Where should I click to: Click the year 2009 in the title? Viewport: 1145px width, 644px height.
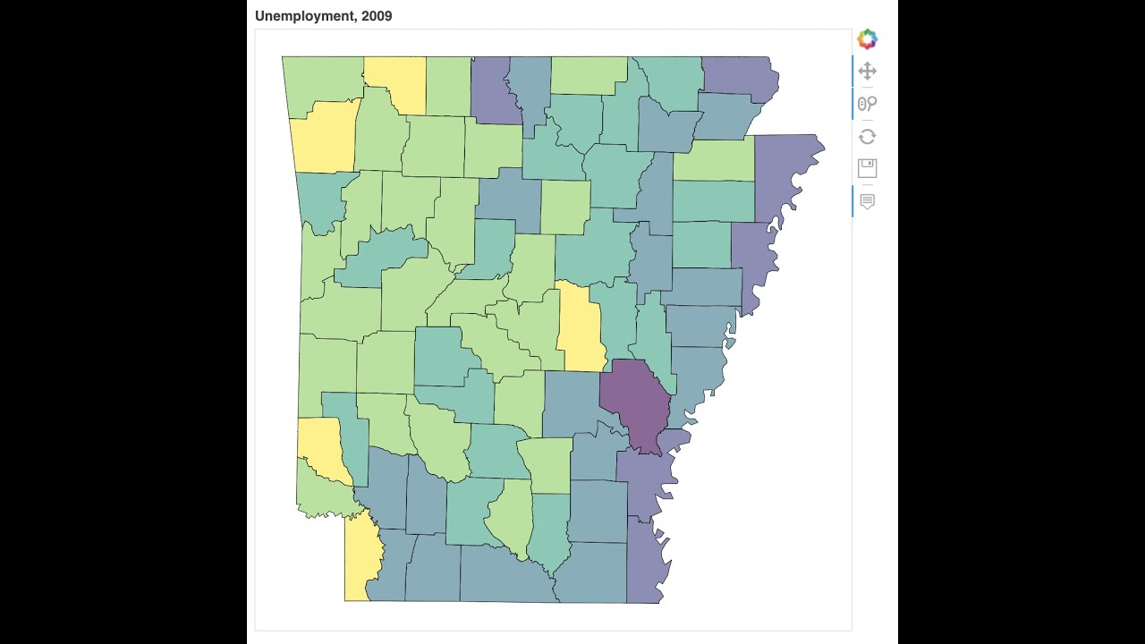(377, 16)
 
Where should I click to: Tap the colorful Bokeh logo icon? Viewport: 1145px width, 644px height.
(867, 39)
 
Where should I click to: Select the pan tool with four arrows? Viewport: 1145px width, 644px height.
(867, 72)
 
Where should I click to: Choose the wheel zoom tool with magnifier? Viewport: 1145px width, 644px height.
(867, 104)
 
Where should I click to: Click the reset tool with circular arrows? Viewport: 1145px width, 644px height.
(867, 137)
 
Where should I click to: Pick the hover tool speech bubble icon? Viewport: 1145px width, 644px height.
(867, 201)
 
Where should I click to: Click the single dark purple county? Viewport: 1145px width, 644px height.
(637, 404)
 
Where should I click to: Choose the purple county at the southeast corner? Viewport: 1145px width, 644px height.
(644, 563)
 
